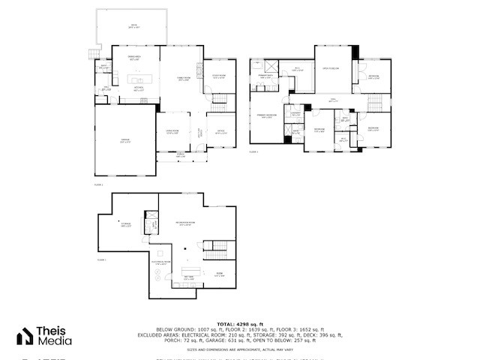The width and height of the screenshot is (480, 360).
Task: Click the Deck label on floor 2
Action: [x=134, y=26]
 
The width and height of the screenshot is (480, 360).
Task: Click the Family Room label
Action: [x=182, y=79]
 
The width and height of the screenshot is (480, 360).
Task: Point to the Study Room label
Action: [x=219, y=76]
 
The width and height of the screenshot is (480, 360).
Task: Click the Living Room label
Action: [x=172, y=131]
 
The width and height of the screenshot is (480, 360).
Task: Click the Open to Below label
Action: [x=332, y=68]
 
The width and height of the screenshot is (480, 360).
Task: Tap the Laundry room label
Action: [x=295, y=114]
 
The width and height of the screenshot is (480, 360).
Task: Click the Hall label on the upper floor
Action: [x=334, y=99]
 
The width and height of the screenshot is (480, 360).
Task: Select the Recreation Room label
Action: [x=185, y=223]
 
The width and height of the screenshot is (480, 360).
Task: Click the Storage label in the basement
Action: [x=126, y=224]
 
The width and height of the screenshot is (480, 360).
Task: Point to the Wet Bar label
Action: [x=189, y=279]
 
